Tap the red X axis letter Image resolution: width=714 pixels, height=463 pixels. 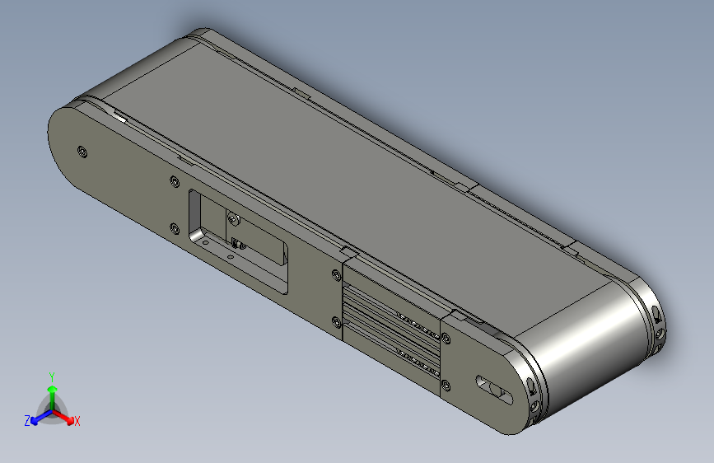click(x=77, y=422)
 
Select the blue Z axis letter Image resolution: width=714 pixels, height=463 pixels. click(x=27, y=420)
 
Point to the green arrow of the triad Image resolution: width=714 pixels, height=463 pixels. click(x=52, y=391)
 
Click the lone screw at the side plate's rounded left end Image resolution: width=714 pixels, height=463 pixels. click(x=81, y=151)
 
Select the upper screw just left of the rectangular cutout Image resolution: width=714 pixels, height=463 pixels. click(x=173, y=181)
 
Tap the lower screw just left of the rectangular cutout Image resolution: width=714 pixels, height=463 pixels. click(x=174, y=228)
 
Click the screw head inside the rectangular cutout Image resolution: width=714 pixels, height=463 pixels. click(x=233, y=218)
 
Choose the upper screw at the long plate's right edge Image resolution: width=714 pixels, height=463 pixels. click(x=335, y=275)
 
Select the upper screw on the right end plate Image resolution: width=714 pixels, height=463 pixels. click(x=446, y=338)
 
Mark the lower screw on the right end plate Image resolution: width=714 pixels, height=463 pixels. click(x=446, y=384)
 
